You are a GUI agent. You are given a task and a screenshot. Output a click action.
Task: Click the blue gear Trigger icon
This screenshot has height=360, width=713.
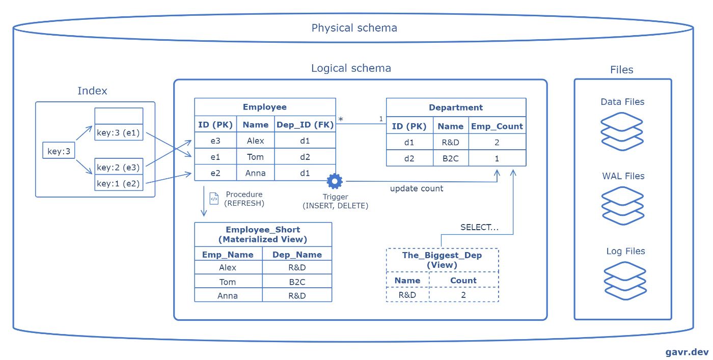tap(335, 181)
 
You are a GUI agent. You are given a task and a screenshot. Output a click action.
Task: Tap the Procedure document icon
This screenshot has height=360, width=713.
tap(214, 199)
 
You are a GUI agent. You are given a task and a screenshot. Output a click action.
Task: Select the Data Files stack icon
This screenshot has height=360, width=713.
tap(622, 131)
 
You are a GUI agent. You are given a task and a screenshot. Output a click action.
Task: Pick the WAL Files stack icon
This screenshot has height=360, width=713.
tap(623, 206)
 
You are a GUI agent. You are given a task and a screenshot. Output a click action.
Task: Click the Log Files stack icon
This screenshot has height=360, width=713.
tap(625, 281)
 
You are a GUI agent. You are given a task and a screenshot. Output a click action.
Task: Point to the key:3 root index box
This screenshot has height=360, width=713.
tap(59, 151)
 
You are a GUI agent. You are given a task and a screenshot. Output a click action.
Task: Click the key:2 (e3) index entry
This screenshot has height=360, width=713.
tap(118, 167)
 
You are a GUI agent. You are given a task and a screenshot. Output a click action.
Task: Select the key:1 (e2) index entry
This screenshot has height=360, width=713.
tap(118, 183)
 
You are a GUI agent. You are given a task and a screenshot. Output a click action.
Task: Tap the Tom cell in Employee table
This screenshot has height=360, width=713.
tap(255, 157)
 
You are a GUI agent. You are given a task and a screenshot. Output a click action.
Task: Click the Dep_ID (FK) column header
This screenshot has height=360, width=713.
tap(305, 124)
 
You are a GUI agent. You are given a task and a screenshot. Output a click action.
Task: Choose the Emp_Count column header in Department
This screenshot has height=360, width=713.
tap(497, 126)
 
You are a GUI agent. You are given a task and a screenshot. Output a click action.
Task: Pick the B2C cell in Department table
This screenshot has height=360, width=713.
tap(450, 158)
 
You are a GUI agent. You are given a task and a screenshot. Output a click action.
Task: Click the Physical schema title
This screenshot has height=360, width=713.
tap(354, 28)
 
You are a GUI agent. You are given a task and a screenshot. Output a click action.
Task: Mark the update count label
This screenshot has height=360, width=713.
tap(417, 188)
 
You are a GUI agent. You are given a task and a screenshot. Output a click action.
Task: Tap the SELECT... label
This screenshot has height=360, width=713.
tap(479, 227)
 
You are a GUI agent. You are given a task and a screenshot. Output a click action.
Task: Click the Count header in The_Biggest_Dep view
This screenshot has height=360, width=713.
tap(463, 281)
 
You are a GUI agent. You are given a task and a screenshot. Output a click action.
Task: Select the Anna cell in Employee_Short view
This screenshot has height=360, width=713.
tap(228, 296)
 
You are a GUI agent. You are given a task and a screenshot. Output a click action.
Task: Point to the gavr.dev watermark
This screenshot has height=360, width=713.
tap(687, 352)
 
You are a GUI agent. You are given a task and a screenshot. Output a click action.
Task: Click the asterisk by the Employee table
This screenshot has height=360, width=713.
tap(341, 120)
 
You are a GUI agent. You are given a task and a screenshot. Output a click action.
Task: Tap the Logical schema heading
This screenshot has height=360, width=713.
tap(351, 68)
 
